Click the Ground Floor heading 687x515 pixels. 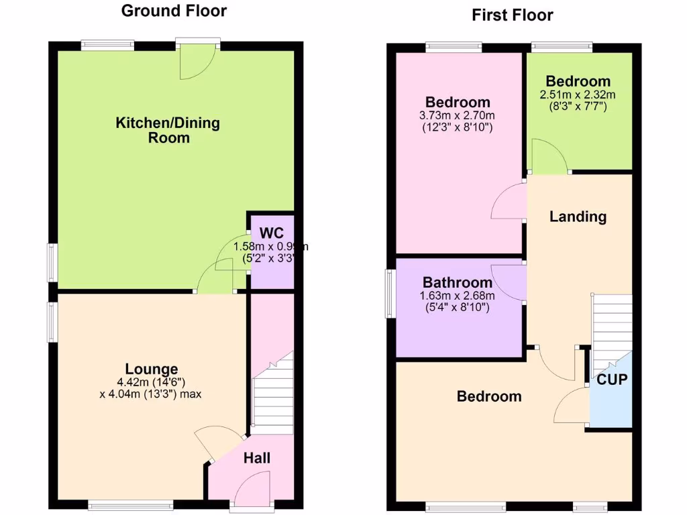174,11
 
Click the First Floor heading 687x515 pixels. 513,15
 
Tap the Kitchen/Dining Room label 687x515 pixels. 168,130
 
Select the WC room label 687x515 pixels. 271,233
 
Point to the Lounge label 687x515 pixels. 152,369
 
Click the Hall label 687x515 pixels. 257,458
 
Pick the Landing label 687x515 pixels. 578,217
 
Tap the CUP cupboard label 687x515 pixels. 612,380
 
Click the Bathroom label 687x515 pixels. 457,283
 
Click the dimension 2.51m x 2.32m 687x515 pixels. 578,95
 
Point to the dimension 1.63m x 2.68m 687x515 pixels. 457,296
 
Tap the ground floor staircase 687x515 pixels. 272,396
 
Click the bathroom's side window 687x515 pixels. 389,293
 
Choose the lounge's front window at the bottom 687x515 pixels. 131,504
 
